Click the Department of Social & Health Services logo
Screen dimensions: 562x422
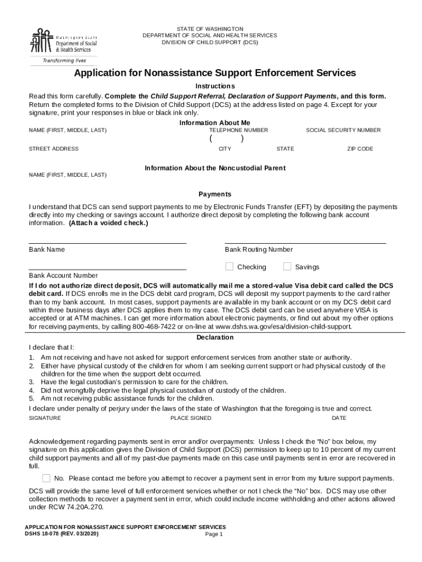62,44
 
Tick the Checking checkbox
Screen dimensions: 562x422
230,267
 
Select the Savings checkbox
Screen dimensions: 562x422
287,267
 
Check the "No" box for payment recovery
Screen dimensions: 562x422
46,478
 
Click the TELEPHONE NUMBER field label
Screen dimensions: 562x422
238,130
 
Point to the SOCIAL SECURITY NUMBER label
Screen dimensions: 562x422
343,130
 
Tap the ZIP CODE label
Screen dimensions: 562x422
360,149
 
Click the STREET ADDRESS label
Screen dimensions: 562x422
54,149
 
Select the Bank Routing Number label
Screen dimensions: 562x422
259,250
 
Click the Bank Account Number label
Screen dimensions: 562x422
64,276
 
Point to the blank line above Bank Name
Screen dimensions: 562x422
107,243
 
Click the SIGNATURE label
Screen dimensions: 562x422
45,418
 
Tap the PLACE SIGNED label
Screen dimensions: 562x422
191,418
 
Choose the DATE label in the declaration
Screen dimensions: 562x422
339,418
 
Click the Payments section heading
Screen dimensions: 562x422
215,194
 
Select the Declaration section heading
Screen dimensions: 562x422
215,338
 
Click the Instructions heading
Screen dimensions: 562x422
215,86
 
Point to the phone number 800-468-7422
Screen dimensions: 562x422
155,327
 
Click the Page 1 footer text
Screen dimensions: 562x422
214,534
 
